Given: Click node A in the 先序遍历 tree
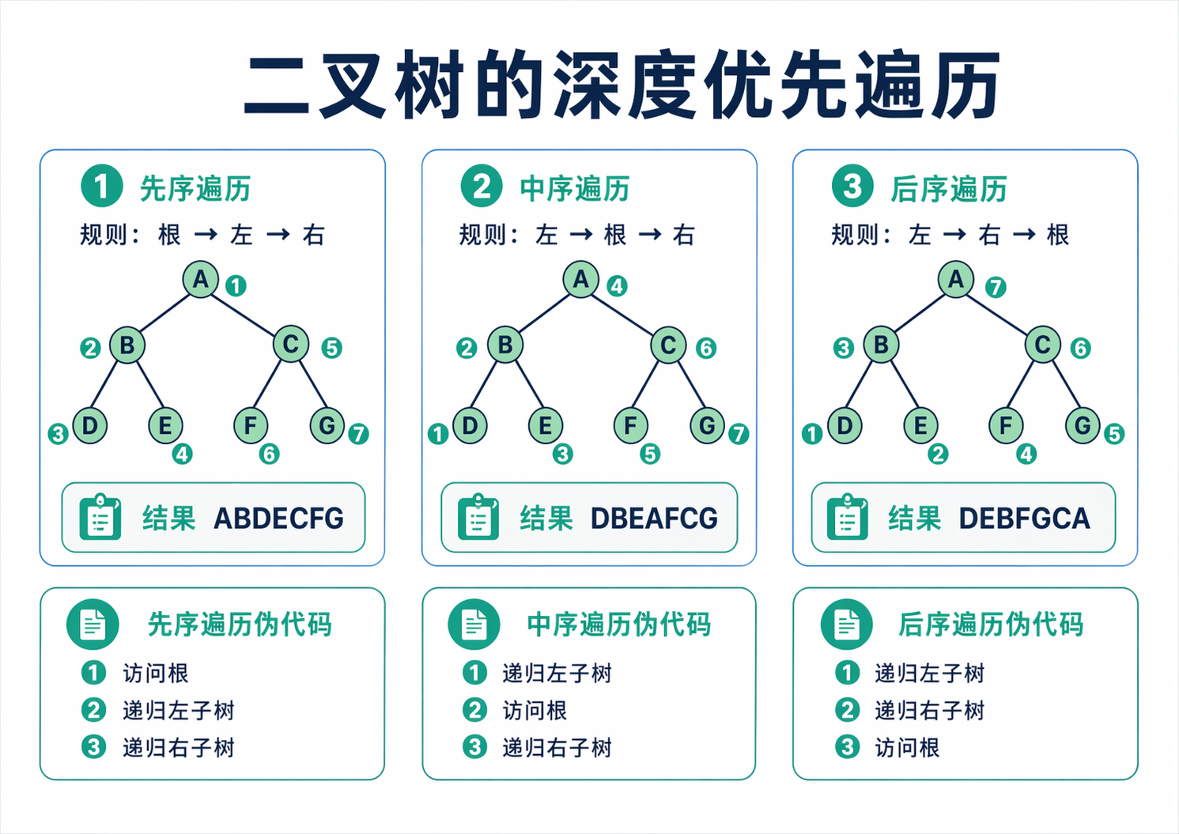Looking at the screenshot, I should click(201, 279).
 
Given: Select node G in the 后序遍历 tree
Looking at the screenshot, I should click(1082, 425).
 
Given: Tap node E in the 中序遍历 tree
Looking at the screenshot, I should click(545, 425).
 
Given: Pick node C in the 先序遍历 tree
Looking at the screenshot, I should click(290, 345).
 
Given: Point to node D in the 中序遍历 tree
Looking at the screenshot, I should click(470, 425).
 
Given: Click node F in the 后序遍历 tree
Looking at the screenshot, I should click(1005, 425).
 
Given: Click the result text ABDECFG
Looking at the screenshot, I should click(278, 519).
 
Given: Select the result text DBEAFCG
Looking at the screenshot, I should click(654, 519).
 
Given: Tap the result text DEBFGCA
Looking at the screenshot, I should click(1024, 519).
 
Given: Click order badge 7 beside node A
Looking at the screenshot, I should click(996, 287).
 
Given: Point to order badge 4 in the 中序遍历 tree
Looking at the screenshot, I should click(617, 286).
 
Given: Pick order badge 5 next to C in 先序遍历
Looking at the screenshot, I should click(331, 348).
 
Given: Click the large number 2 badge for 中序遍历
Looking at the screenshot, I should click(482, 187).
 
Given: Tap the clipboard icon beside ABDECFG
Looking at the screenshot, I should click(100, 518).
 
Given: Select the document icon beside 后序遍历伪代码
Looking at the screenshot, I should click(847, 625).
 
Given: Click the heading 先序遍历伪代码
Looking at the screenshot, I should click(240, 625).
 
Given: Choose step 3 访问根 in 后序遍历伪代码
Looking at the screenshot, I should click(906, 747).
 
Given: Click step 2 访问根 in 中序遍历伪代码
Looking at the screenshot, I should click(535, 710).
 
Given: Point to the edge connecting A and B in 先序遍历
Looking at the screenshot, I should click(164, 312).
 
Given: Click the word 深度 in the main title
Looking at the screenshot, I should click(625, 85).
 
